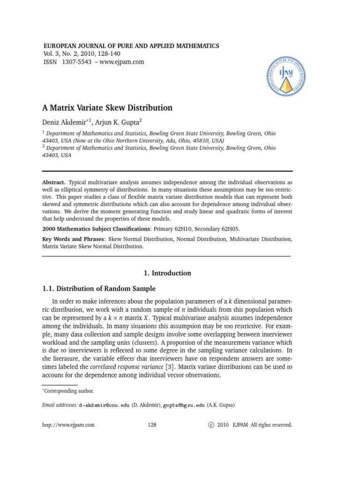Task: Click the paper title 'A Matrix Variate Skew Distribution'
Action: pos(107,108)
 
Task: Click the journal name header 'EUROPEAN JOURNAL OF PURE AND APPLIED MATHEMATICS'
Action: pos(131,46)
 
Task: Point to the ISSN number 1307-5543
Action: pos(75,62)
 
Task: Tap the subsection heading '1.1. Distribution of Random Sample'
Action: pos(99,289)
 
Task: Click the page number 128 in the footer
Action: pos(151,425)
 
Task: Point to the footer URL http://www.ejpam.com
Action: pos(68,425)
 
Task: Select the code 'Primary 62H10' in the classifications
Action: pos(165,229)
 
